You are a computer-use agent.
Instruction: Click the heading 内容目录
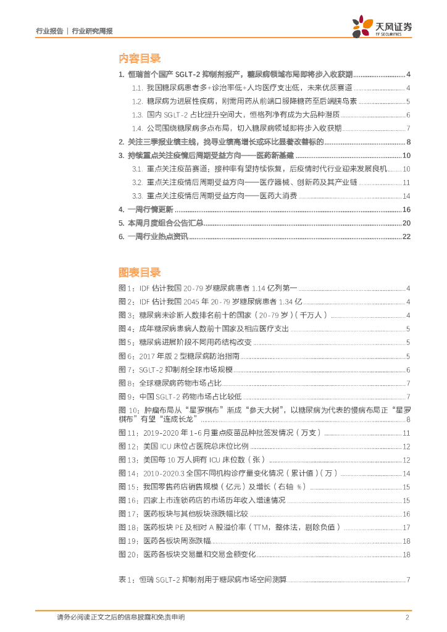(140, 59)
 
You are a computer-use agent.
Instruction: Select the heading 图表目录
(140, 272)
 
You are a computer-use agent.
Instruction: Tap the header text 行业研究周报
(93, 30)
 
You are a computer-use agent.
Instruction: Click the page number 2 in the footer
(407, 617)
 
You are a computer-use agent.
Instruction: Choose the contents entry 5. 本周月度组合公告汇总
(161, 223)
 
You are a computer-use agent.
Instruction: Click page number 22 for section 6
(406, 236)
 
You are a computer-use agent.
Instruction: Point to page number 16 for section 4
(406, 209)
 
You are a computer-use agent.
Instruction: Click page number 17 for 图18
(406, 527)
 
